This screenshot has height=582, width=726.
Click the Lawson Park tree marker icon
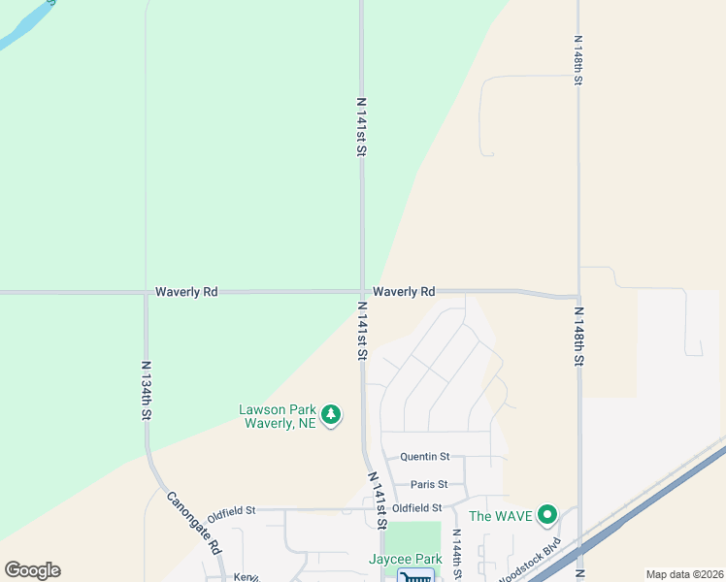[x=332, y=415]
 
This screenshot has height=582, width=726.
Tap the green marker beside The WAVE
[x=547, y=515]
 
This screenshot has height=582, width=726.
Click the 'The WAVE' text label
[x=501, y=516]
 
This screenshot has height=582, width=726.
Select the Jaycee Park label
[x=406, y=560]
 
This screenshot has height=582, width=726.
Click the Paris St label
[x=429, y=484]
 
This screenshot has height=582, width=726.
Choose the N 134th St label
[x=147, y=390]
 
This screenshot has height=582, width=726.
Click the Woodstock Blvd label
[x=534, y=559]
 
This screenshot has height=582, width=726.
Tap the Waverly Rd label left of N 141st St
[x=186, y=291]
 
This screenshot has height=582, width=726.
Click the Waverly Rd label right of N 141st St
[x=404, y=291]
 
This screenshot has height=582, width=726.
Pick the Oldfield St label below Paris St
[x=417, y=507]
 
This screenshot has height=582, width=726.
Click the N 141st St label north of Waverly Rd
[x=361, y=126]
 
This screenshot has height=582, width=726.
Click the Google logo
[x=32, y=570]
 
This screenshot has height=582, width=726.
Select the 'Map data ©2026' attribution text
[x=684, y=574]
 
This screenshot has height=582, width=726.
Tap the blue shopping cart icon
[x=414, y=576]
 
